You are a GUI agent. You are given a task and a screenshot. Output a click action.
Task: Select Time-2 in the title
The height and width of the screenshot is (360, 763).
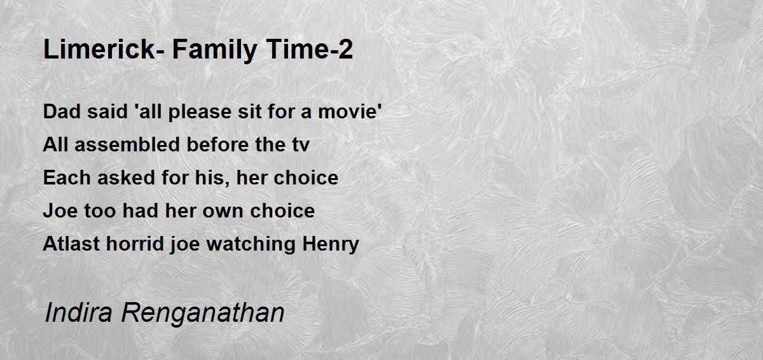pos(310,49)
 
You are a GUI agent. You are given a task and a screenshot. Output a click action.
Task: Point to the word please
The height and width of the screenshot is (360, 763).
pos(200,113)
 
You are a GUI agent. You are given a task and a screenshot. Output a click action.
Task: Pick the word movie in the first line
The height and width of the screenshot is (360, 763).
pos(348,111)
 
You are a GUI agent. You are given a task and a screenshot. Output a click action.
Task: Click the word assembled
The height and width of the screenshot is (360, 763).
pos(127,144)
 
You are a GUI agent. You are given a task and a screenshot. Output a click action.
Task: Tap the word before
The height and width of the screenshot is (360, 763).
pos(218,144)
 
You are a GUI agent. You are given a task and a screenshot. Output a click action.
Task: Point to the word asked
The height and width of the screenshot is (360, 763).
pos(127,177)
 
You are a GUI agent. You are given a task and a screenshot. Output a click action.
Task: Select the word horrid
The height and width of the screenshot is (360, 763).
pos(135,244)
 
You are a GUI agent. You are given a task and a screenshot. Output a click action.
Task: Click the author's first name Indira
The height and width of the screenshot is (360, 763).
pos(78,312)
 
